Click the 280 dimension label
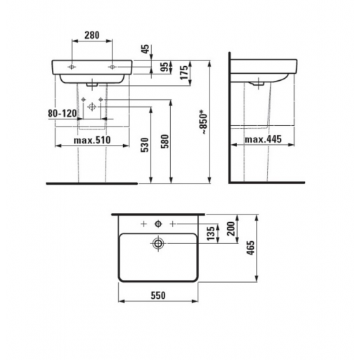point(92,35)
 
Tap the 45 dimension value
point(146,49)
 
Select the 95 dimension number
point(165,67)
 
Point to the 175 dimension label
point(184,72)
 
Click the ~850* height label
point(203,123)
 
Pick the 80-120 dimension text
point(63,113)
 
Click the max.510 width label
point(92,140)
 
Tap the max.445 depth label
point(263,139)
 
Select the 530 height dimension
point(145,145)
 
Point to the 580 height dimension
point(165,141)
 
